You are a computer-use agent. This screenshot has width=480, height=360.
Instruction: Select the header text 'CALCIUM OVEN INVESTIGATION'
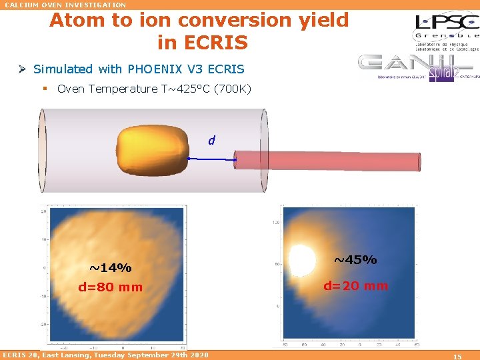tap(65, 5)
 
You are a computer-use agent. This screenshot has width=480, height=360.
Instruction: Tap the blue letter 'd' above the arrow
tap(211, 141)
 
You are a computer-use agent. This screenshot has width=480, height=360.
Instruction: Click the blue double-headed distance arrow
tap(212, 159)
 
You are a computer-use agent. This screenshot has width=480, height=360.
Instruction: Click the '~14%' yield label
tap(110, 268)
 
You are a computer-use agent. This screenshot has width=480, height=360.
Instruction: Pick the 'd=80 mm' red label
tap(110, 287)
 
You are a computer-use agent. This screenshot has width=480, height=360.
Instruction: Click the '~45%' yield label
tap(355, 259)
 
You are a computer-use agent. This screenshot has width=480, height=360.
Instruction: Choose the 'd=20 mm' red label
tap(355, 286)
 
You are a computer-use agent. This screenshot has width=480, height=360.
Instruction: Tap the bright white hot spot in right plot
tap(300, 259)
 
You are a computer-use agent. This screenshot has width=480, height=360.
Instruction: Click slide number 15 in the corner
tap(457, 357)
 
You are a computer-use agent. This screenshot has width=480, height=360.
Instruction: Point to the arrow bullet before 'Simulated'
tap(23, 69)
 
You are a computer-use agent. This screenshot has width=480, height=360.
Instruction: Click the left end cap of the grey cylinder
tap(41, 151)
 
